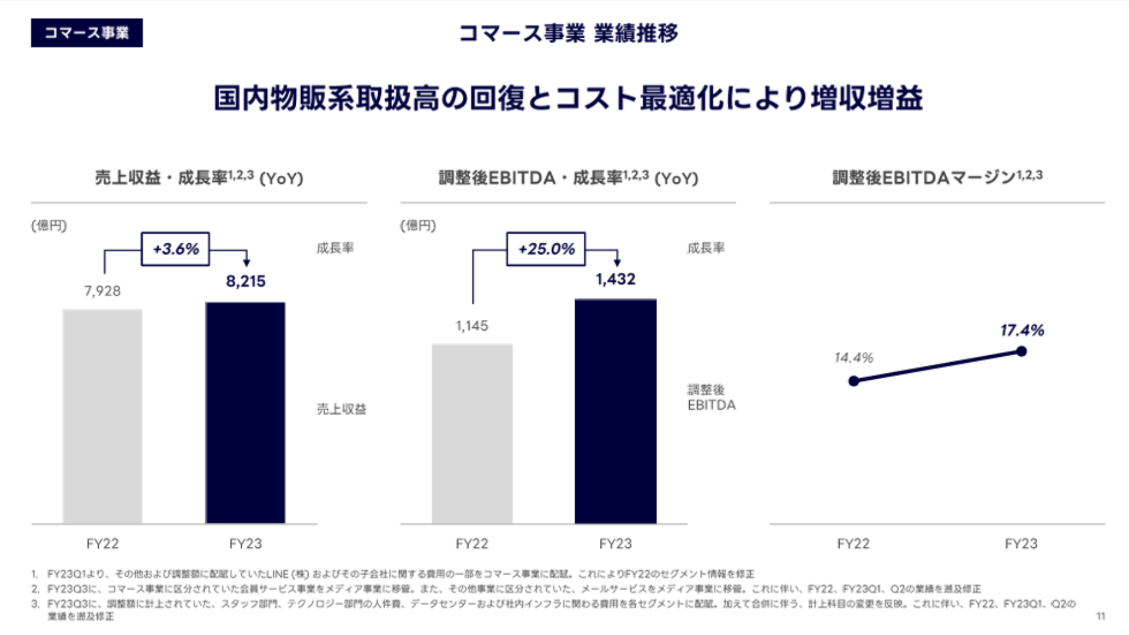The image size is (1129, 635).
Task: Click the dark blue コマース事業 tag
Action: coord(86,33)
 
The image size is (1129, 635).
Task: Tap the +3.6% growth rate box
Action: coord(175,249)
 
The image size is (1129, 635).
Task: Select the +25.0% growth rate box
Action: coord(546,249)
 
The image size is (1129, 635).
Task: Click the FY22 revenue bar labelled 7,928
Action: coord(102,416)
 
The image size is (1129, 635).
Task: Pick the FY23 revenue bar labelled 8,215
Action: coord(245,412)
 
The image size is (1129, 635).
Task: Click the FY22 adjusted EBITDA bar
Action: coord(472,433)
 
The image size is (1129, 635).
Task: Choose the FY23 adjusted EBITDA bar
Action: coord(616,411)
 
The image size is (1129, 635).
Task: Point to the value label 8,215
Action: coord(246,281)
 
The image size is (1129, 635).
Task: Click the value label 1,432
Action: coord(616,279)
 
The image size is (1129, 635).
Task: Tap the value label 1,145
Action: coord(472,326)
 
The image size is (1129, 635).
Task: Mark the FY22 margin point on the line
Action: coord(854,381)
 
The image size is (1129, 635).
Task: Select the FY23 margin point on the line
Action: coord(1021,351)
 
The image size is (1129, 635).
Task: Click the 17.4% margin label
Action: coord(1022,330)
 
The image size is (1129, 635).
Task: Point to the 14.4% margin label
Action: coord(854,357)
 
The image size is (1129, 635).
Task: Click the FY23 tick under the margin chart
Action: coord(1021,544)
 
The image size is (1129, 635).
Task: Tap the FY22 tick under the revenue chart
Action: coord(102,544)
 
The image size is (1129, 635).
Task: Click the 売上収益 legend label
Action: coord(342,409)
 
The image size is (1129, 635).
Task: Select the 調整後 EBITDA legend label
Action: coord(711,397)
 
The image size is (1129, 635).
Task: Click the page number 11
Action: coord(1101,616)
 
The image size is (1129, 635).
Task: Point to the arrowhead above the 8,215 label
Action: coord(246,262)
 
